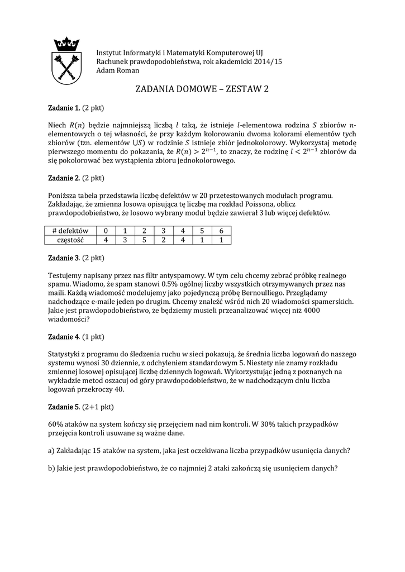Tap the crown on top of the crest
pyautogui.click(x=66, y=44)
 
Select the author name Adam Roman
pyautogui.click(x=118, y=71)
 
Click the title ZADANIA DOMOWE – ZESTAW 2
pyautogui.click(x=202, y=89)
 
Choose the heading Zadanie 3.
pyautogui.click(x=61, y=258)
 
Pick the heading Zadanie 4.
pyautogui.click(x=61, y=337)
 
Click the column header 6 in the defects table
pyautogui.click(x=221, y=231)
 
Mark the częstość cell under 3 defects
pyautogui.click(x=163, y=240)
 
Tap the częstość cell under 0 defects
pyautogui.click(x=105, y=240)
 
